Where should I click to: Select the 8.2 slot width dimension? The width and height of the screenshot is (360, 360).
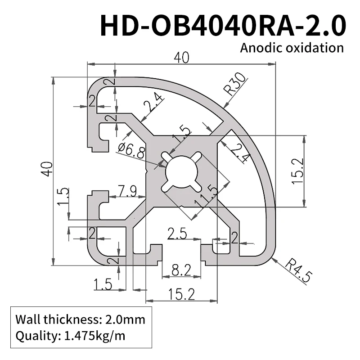[x=180, y=270]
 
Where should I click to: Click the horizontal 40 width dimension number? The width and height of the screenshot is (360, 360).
[x=182, y=58]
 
